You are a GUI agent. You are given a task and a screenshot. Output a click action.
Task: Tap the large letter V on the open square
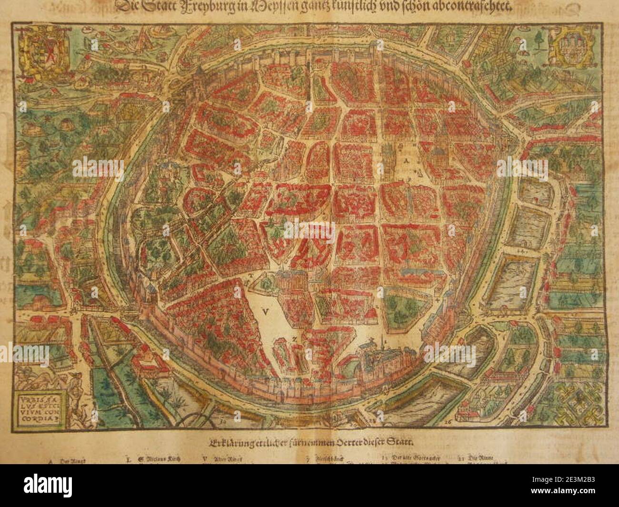pyautogui.click(x=265, y=311)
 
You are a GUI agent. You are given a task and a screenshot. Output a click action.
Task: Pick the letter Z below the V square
pyautogui.click(x=295, y=338)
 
